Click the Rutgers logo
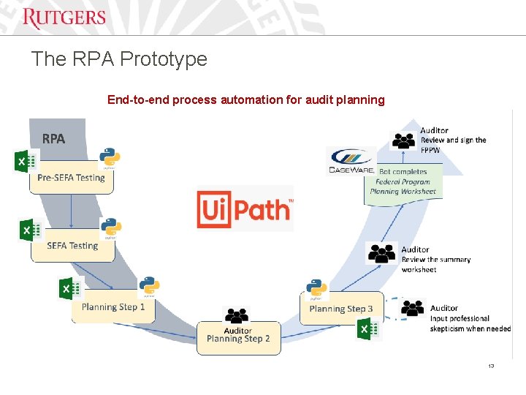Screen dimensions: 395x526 tap(64, 18)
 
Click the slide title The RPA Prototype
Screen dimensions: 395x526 tap(119, 59)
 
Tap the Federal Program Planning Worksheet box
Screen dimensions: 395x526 tap(403, 187)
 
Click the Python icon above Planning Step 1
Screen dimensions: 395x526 tap(149, 287)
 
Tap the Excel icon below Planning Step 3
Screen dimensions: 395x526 tap(367, 331)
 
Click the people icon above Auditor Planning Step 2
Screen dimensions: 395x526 tap(237, 316)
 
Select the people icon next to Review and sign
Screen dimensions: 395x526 tap(404, 140)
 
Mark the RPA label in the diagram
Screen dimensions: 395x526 tap(53, 138)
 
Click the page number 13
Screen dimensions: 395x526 tap(491, 366)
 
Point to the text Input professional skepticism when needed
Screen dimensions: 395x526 tap(470, 319)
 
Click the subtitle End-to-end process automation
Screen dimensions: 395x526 tap(245, 99)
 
